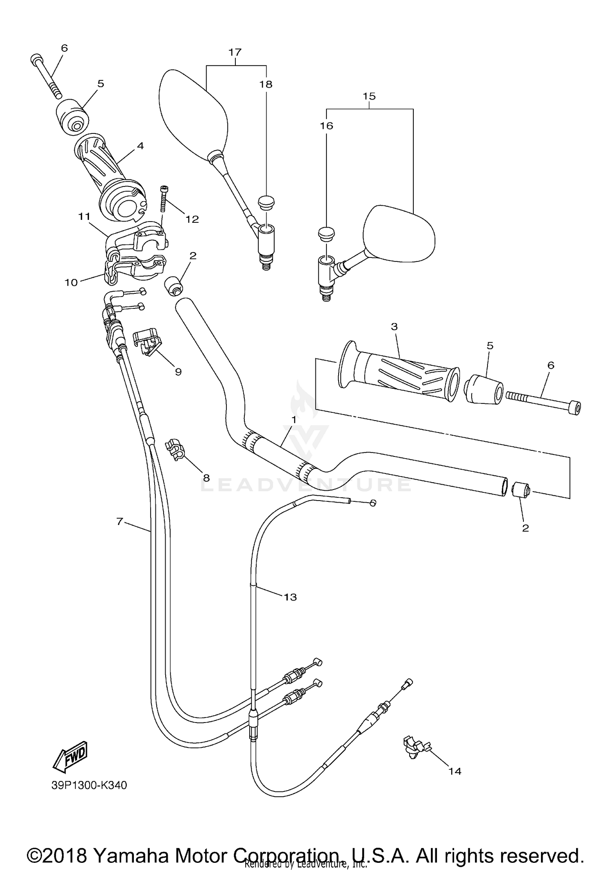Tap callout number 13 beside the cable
click(x=290, y=597)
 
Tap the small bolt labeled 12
click(x=164, y=198)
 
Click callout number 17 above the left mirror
click(x=235, y=52)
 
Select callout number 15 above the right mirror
click(x=369, y=96)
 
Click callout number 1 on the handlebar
click(x=293, y=419)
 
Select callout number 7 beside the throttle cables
click(x=119, y=521)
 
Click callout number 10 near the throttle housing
click(x=71, y=282)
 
